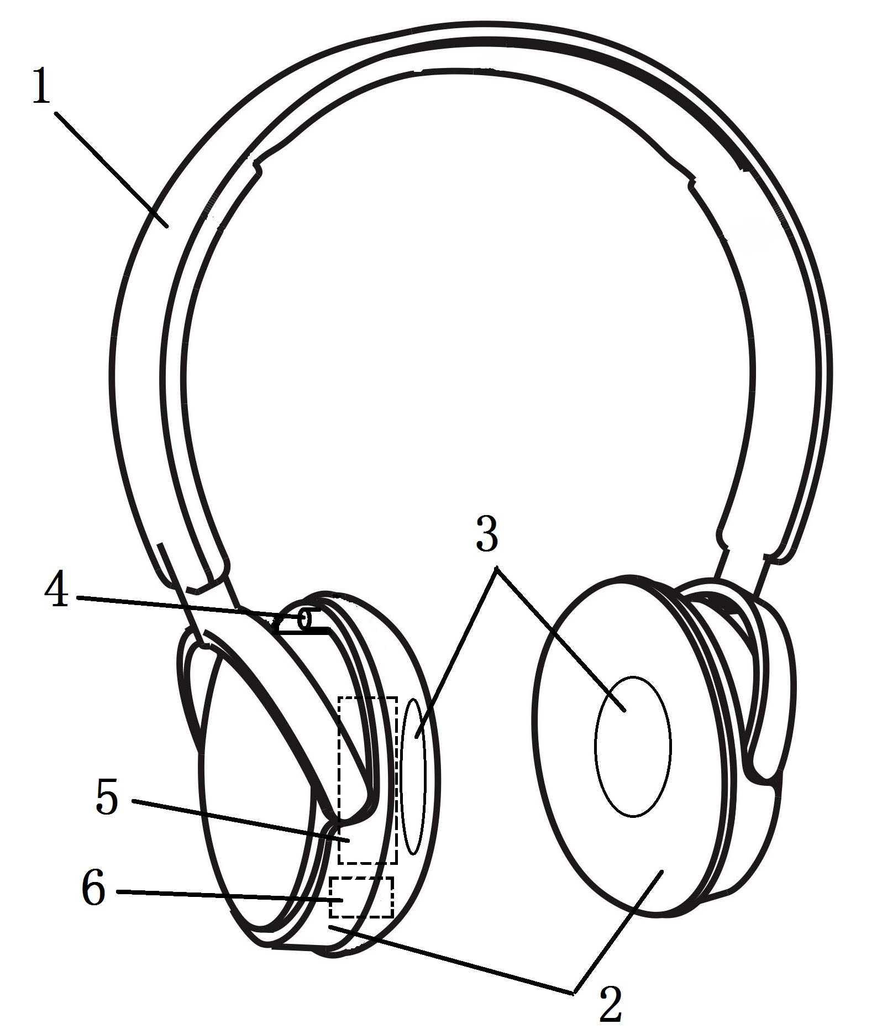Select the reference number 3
pos(487,532)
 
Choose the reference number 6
pos(93,890)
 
